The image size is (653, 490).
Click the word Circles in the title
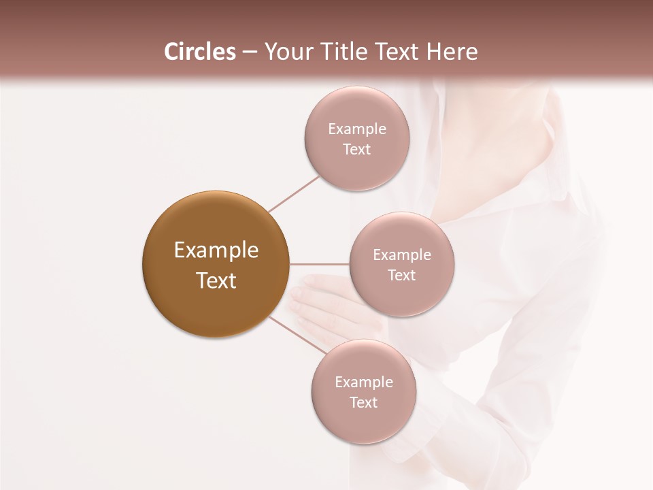pos(199,52)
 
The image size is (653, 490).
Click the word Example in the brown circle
pos(216,250)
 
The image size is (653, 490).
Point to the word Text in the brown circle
pos(216,280)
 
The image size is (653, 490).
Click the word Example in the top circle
pos(356,129)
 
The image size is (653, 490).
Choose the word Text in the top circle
pos(356,150)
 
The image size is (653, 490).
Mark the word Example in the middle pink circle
pos(401,255)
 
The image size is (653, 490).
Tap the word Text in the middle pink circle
pos(401,276)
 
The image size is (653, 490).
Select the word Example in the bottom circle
pos(363,382)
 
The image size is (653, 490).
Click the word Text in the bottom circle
pos(363,403)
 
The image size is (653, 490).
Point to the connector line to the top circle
pos(294,193)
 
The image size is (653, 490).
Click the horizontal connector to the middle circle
pos(319,264)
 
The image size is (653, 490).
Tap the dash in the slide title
pos(249,52)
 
